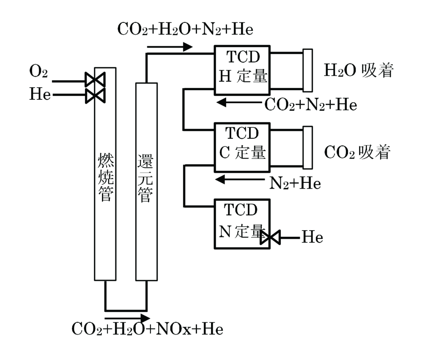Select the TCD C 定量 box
click(x=242, y=147)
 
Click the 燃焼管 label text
click(x=105, y=177)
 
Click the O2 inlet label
click(x=38, y=72)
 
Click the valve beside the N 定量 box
click(x=269, y=238)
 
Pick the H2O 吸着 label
click(x=359, y=71)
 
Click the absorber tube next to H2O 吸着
click(x=308, y=70)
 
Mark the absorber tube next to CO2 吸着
click(x=308, y=147)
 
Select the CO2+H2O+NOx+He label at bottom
click(x=147, y=329)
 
